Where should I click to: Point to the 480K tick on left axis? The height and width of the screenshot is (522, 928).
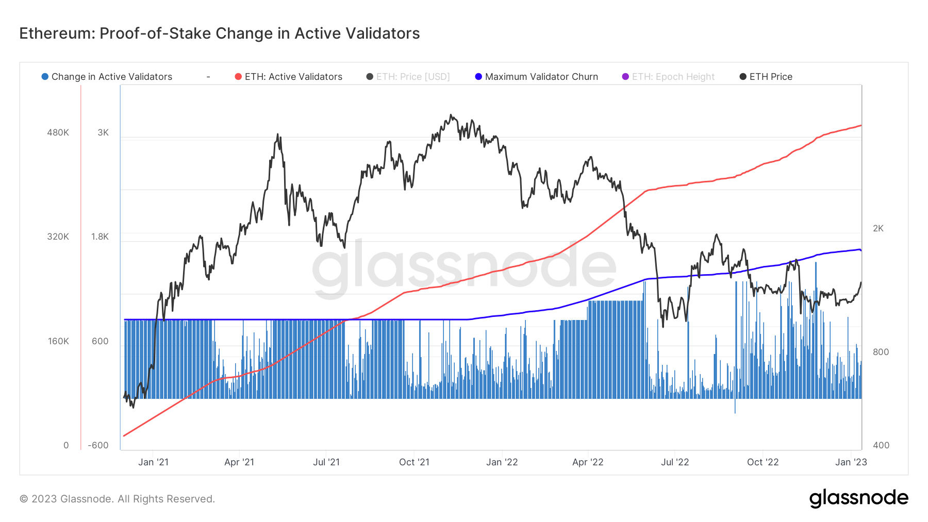click(58, 132)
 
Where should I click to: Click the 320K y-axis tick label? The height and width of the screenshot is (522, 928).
click(58, 237)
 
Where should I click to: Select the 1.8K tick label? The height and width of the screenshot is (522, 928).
click(100, 237)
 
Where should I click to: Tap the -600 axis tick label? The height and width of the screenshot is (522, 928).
click(98, 445)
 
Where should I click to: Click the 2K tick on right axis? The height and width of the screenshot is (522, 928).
click(878, 228)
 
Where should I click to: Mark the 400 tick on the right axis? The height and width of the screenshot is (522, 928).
click(881, 445)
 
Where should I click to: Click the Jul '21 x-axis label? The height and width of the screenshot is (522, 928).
click(326, 462)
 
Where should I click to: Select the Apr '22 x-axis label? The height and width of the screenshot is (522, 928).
click(588, 462)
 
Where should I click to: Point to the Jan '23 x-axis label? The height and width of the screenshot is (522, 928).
click(851, 462)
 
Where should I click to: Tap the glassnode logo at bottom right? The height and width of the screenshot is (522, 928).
click(858, 498)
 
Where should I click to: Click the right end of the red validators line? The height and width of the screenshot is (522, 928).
click(860, 126)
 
